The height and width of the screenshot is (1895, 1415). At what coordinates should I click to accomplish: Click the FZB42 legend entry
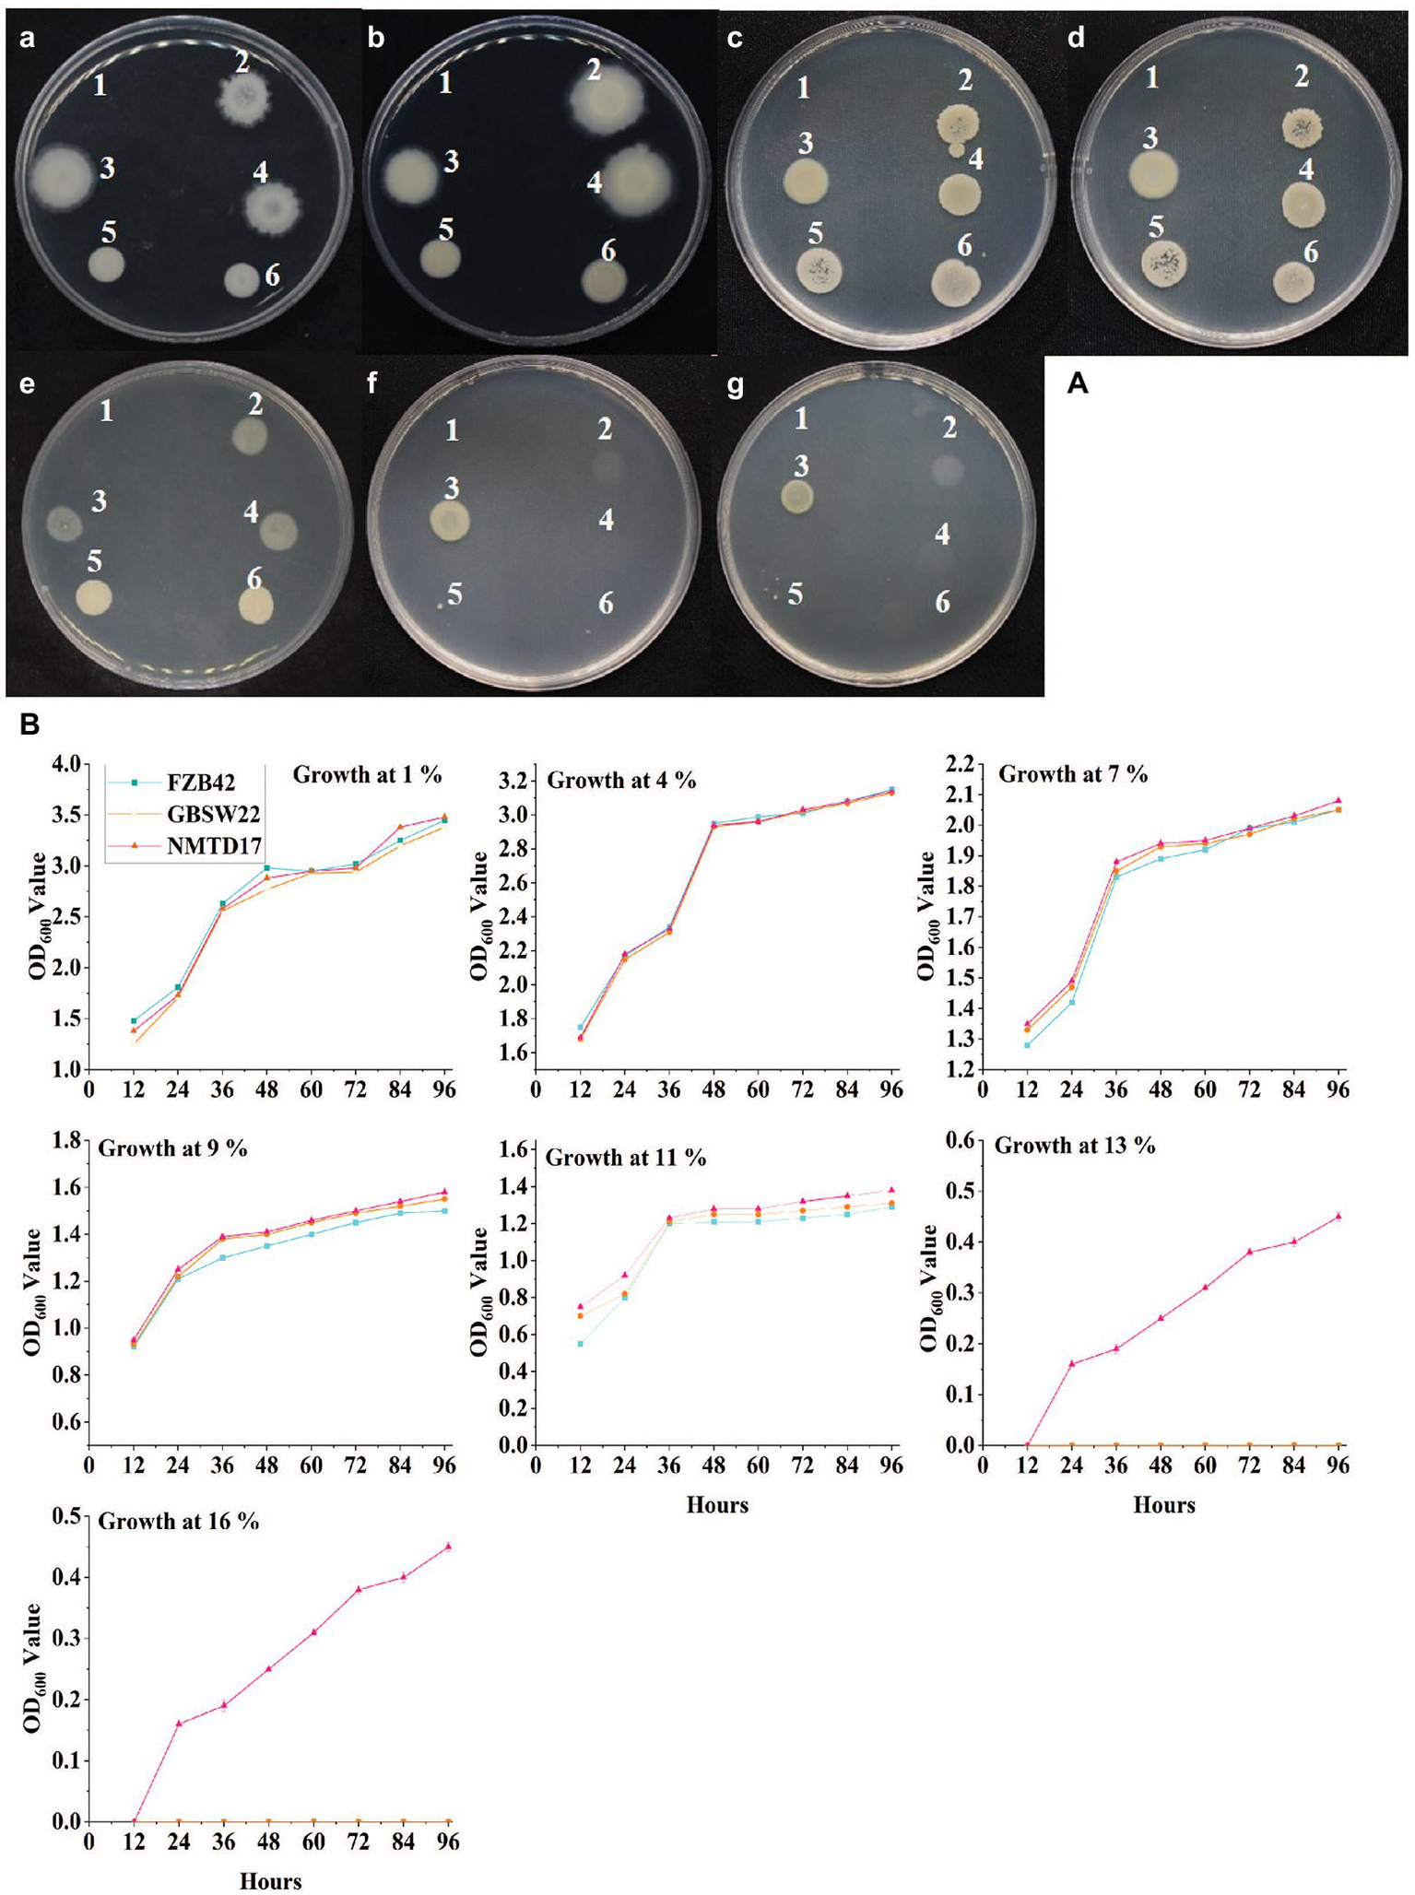[200, 783]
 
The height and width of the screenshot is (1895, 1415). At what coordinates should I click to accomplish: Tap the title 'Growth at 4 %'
[621, 781]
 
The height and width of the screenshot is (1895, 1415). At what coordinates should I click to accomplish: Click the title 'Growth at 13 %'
[1075, 1146]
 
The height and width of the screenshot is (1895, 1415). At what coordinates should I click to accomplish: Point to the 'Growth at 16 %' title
[178, 1521]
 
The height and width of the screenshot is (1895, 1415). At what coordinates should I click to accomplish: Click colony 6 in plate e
[255, 606]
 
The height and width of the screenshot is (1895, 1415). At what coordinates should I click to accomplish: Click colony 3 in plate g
[797, 497]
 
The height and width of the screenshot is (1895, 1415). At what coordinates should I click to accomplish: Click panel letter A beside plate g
[1077, 384]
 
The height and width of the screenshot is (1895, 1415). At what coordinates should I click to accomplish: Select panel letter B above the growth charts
[29, 726]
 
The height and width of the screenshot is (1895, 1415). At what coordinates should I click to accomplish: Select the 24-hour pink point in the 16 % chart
[178, 1724]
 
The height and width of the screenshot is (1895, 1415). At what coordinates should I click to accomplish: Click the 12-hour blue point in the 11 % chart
[580, 1344]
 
